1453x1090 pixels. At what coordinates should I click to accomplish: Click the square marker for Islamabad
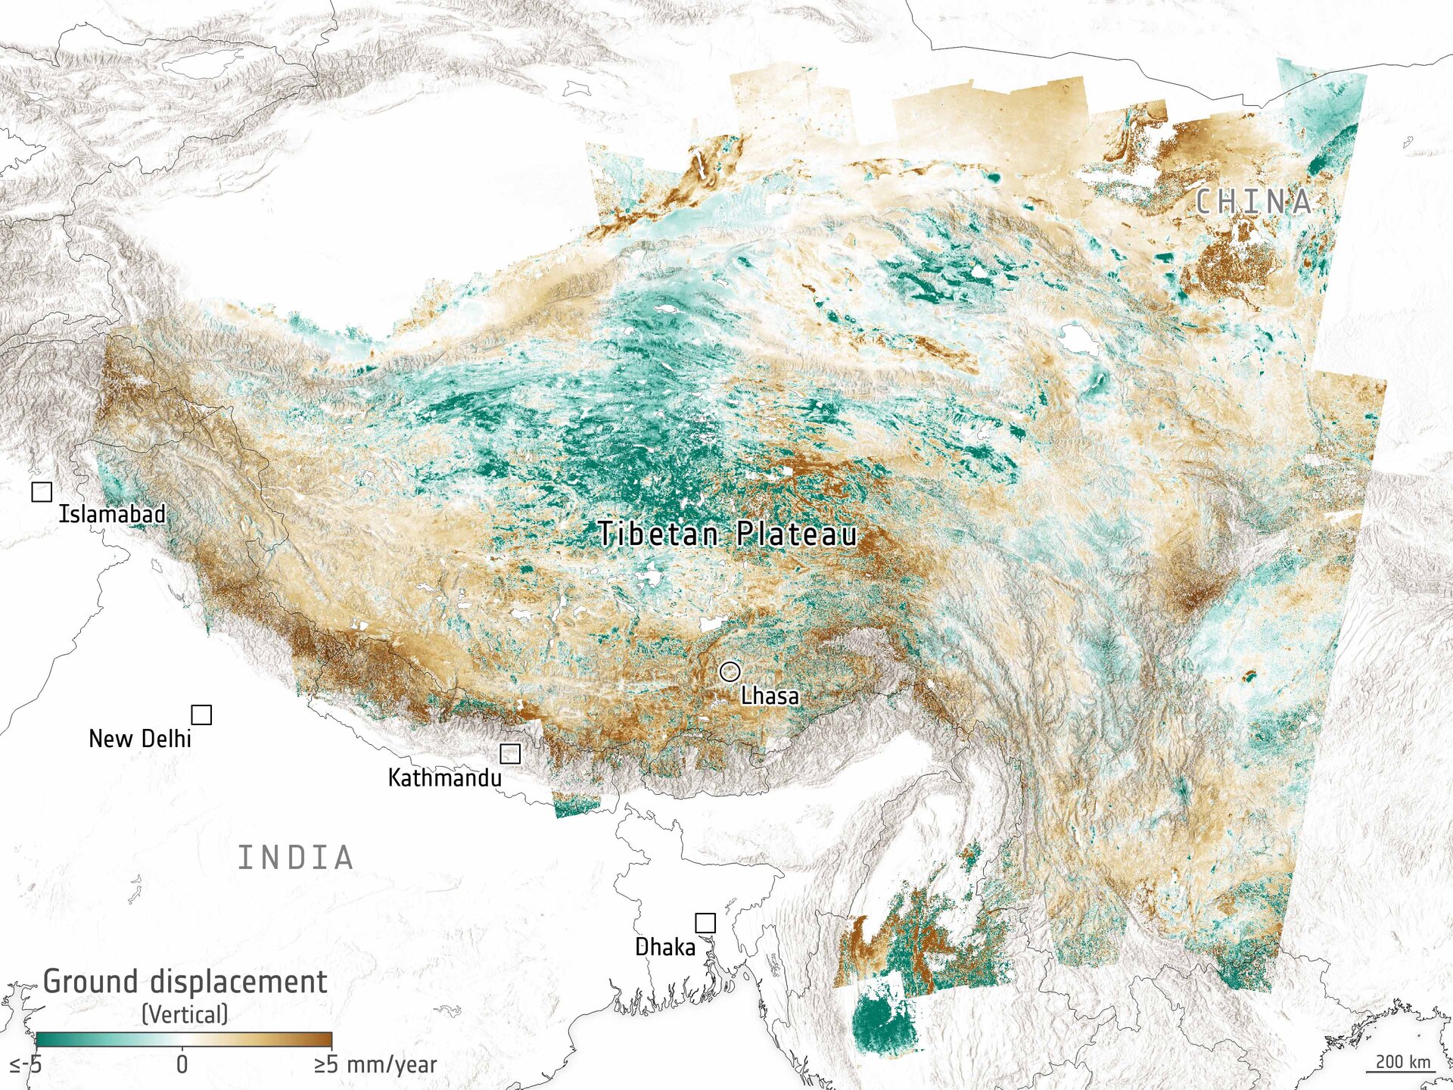tap(42, 492)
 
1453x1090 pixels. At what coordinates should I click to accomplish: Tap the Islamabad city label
tap(112, 514)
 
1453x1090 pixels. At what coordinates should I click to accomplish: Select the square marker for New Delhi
tap(201, 715)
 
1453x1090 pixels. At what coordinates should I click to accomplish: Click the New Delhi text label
tap(140, 739)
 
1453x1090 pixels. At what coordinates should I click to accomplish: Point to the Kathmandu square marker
tap(510, 753)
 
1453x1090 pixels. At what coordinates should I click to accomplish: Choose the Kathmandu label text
tap(445, 777)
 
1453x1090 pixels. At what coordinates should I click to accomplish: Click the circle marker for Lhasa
tap(730, 671)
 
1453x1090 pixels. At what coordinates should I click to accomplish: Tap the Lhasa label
tap(770, 696)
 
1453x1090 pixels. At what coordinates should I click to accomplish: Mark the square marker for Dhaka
tap(705, 923)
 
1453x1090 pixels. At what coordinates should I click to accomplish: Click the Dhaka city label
tap(665, 947)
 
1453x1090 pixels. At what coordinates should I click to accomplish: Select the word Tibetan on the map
tap(658, 534)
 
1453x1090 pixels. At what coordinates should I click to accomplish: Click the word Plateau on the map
tap(797, 534)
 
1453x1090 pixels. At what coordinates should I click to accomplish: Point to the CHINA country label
tap(1253, 201)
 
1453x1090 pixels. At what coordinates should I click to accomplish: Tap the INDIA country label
tap(296, 858)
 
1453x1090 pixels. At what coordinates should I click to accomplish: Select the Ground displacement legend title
tap(185, 982)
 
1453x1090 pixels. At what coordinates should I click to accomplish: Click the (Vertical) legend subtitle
tap(185, 1014)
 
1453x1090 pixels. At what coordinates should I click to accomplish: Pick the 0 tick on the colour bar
tap(182, 1064)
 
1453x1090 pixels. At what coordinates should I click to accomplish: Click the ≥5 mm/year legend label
tap(376, 1064)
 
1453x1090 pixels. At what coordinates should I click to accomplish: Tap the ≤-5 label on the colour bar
tap(26, 1065)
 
